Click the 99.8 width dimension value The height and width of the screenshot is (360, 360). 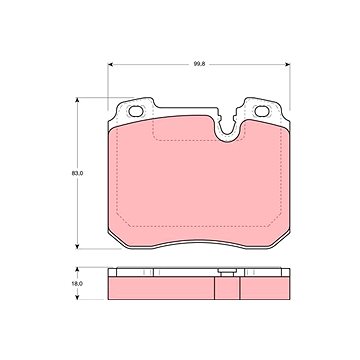pos(199,64)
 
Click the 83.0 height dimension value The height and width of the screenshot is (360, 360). pos(77,173)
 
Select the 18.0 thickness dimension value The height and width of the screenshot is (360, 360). pos(77,284)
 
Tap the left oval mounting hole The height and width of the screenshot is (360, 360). pos(136,111)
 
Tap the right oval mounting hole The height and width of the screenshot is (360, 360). pos(262,111)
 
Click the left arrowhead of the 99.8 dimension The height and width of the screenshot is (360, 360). pos(111,64)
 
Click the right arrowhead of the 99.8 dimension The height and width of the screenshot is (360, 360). pos(287,64)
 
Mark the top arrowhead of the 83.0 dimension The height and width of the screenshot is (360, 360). pos(77,101)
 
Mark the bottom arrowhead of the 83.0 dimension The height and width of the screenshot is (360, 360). pos(77,246)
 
